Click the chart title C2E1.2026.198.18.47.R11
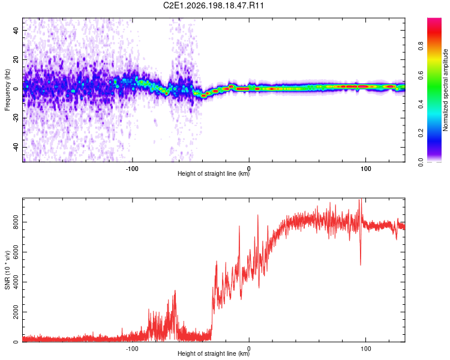(213, 5)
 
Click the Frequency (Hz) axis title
(7, 90)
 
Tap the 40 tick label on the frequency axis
(16, 30)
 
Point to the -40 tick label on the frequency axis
(16, 146)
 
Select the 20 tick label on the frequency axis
(16, 59)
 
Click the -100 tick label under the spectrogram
(132, 169)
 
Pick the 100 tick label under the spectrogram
(365, 169)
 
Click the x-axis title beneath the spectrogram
(214, 173)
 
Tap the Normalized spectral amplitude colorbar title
(445, 90)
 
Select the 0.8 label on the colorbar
(421, 46)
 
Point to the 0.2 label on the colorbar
(421, 133)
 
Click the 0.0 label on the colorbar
(421, 162)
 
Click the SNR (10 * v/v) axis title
(7, 270)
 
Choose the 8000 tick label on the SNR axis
(16, 222)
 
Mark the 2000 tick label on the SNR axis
(16, 312)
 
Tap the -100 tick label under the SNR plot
(132, 349)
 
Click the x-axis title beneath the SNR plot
(214, 353)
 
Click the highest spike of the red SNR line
(360, 200)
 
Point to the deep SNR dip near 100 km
(361, 264)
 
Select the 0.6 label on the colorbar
(421, 75)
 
